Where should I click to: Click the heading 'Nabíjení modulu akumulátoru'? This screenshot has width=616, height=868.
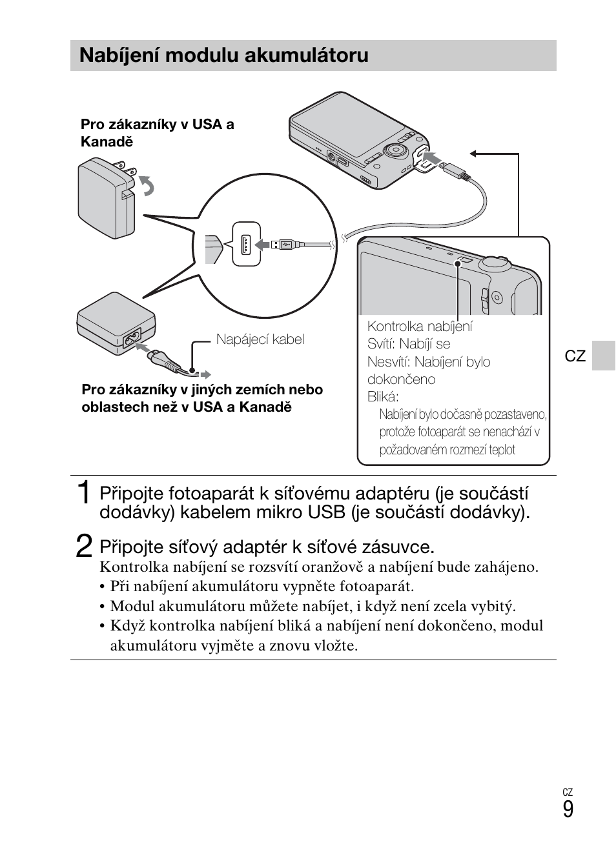coord(223,56)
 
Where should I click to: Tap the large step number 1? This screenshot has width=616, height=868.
coord(83,493)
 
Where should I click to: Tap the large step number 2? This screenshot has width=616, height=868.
coord(83,547)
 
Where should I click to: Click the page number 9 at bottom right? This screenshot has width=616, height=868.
coord(568,809)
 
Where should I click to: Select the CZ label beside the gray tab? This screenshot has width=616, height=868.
coord(575,356)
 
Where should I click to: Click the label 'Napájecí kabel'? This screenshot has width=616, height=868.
coord(260,339)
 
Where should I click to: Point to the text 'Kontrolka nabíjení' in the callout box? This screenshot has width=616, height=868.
coord(420,327)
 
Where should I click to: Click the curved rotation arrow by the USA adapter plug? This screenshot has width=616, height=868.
coord(148,187)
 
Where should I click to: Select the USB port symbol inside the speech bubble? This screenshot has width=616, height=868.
coord(246,244)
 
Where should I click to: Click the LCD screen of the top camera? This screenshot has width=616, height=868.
coord(336,129)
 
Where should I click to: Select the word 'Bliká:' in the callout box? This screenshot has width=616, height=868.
coord(383,397)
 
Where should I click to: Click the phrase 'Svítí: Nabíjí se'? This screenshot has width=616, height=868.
coord(409,344)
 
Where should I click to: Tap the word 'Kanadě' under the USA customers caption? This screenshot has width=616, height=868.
coord(107,142)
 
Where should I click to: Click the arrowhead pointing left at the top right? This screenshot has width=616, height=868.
coord(474,154)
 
